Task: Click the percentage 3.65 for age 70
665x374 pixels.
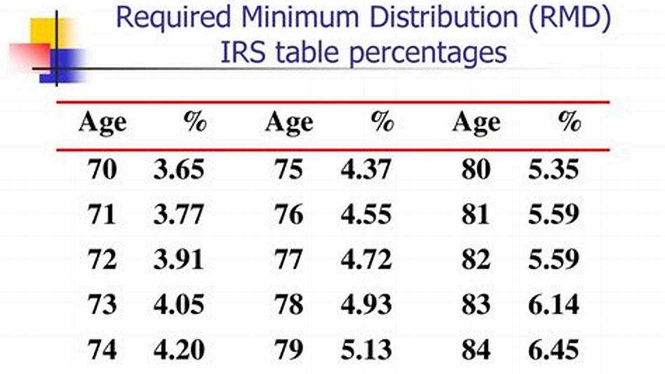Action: click(x=178, y=170)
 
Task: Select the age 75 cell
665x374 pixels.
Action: click(x=289, y=170)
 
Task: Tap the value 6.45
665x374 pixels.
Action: click(x=553, y=350)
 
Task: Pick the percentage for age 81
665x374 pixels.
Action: click(x=553, y=215)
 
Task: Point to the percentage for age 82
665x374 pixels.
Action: click(x=553, y=260)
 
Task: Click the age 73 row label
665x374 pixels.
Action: click(x=102, y=305)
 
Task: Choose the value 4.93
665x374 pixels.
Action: click(x=366, y=305)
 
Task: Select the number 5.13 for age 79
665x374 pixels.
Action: click(x=366, y=350)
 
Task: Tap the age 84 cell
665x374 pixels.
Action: click(x=476, y=350)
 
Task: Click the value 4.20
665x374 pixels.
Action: click(x=178, y=350)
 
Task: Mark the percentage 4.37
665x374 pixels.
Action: click(x=366, y=170)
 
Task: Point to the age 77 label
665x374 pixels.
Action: click(x=289, y=260)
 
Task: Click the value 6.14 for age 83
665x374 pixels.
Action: click(x=553, y=305)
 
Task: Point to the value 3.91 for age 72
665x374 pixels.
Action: click(x=178, y=260)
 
